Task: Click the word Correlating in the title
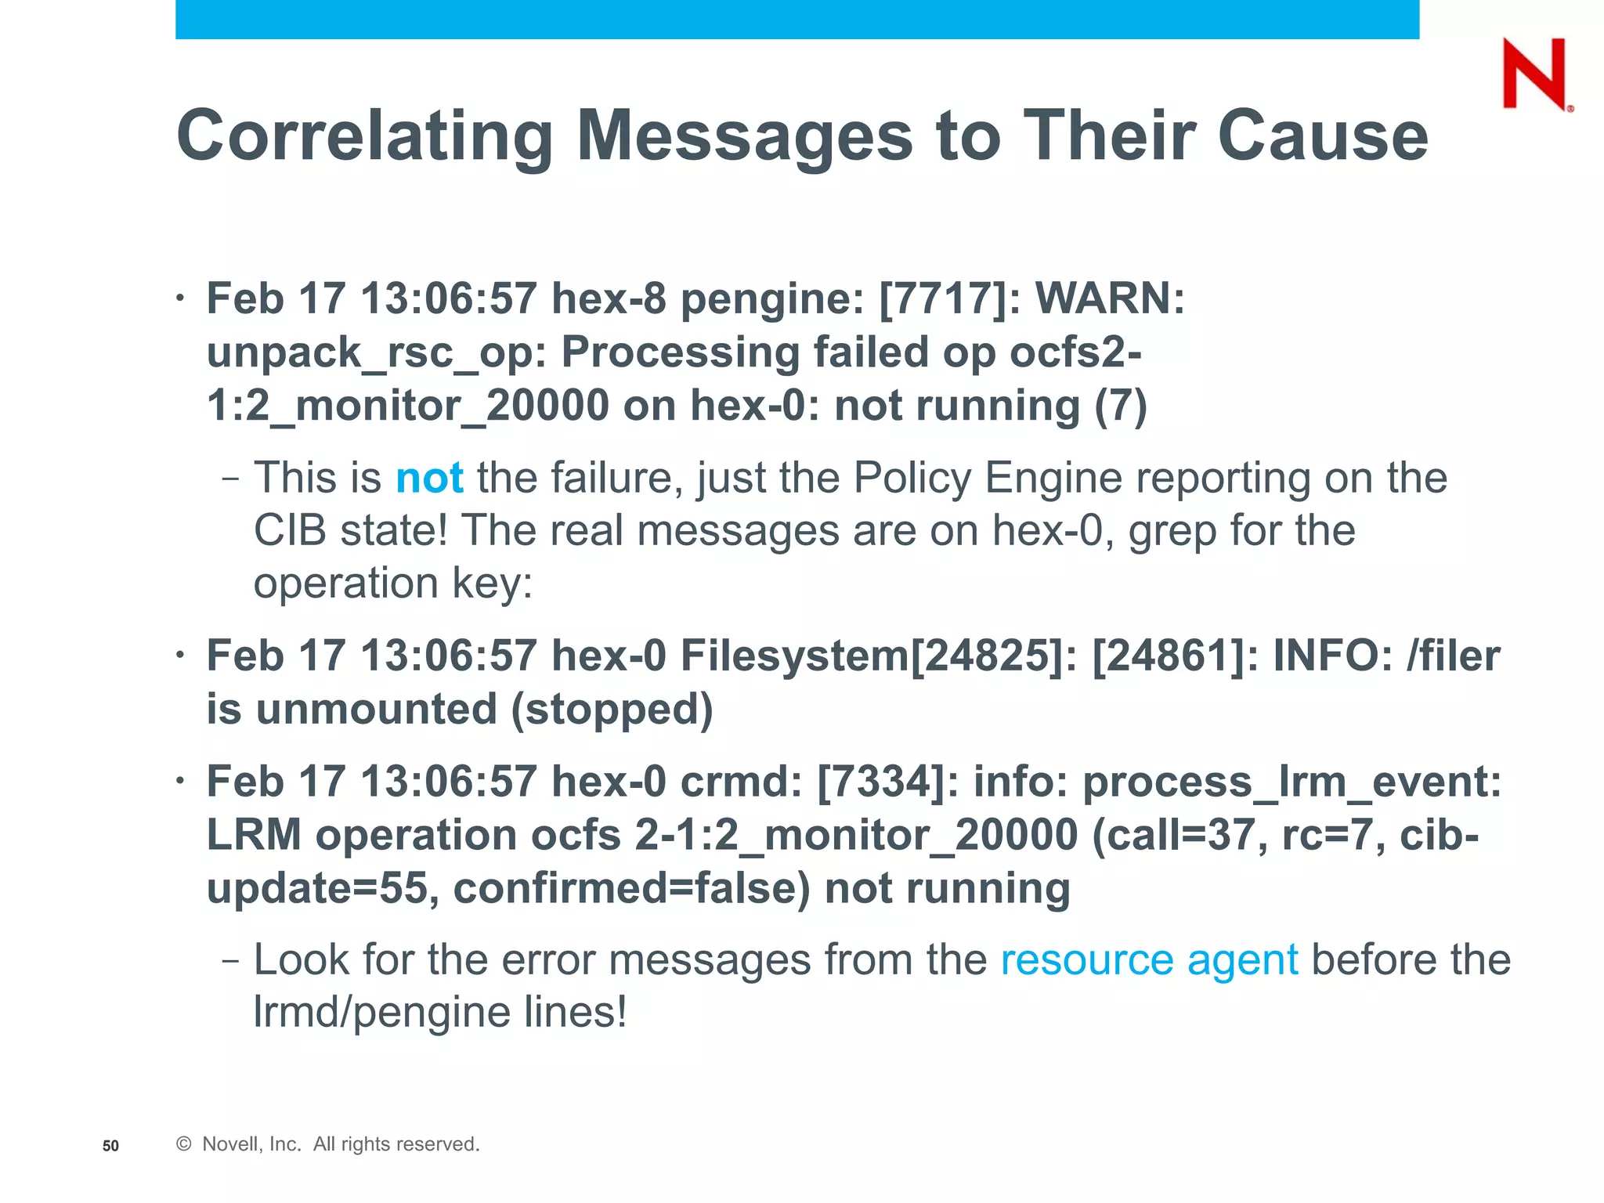365,135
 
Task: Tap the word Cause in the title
1323,135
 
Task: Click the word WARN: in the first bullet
1110,298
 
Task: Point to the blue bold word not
429,478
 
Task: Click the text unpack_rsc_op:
377,352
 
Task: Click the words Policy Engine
988,478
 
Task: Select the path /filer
1453,655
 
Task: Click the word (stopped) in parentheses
612,708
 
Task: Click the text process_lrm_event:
1292,781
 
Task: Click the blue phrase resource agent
1149,959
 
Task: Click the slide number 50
110,1146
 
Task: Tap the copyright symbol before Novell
184,1144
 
